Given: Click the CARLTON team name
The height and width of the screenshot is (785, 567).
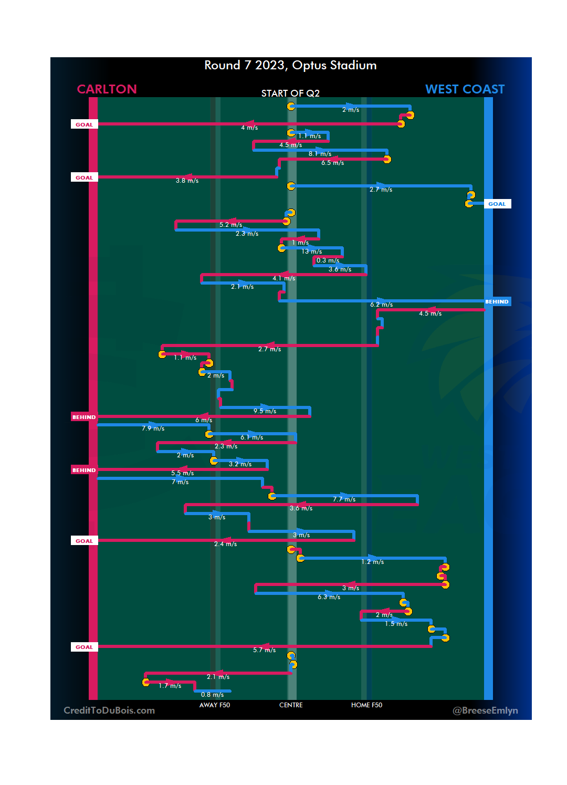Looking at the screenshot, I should click(x=107, y=89).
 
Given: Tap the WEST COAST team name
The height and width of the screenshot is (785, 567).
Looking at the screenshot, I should click(x=465, y=89).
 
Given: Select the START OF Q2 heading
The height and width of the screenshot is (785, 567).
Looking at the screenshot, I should click(x=290, y=93).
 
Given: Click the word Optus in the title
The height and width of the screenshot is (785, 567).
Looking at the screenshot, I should click(x=309, y=65).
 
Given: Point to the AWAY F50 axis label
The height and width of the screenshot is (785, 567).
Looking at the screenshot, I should click(x=214, y=705).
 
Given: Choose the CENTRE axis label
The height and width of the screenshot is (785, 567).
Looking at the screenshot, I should click(x=291, y=705).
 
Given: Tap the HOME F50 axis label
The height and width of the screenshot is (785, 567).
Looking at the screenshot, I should click(x=366, y=705).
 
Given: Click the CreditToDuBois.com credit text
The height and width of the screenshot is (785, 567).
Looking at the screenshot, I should click(x=109, y=710).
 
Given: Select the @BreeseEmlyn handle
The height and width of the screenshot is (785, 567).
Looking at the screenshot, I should click(x=485, y=710).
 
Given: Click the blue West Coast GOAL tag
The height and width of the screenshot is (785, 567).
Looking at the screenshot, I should click(x=497, y=204).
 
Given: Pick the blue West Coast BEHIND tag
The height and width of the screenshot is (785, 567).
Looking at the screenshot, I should click(x=497, y=302).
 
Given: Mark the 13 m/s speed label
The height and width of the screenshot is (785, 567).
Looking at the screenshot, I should click(x=311, y=252).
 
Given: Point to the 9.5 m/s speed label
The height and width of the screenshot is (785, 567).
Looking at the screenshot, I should click(x=265, y=411).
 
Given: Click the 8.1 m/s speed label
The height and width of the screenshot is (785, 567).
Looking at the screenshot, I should click(x=320, y=154).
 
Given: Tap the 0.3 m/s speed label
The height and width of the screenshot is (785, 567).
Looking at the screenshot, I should click(x=328, y=260).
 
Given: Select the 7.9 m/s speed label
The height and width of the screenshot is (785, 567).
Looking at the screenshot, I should click(x=153, y=428).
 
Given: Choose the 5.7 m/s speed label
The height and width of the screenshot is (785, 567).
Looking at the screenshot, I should click(x=264, y=650).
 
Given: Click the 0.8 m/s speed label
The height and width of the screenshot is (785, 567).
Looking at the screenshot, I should click(x=212, y=695).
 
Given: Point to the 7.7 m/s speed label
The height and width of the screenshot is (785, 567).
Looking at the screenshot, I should click(x=344, y=499).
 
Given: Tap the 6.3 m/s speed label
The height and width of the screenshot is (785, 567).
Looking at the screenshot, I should click(x=329, y=597).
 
